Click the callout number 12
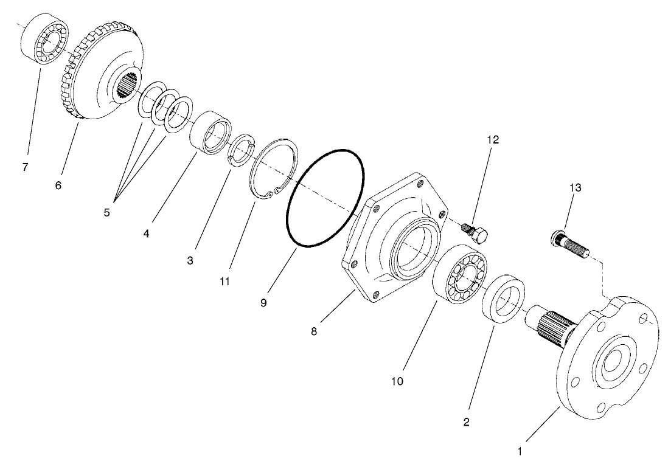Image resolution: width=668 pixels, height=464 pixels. (x=492, y=139)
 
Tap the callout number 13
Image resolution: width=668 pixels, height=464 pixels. (x=575, y=188)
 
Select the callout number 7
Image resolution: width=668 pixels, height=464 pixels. (x=25, y=167)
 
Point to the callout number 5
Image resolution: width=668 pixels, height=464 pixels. (x=106, y=213)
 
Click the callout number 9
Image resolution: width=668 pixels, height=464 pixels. (x=263, y=302)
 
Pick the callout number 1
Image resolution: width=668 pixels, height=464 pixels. (x=519, y=452)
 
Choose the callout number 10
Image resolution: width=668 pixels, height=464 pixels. (x=397, y=381)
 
